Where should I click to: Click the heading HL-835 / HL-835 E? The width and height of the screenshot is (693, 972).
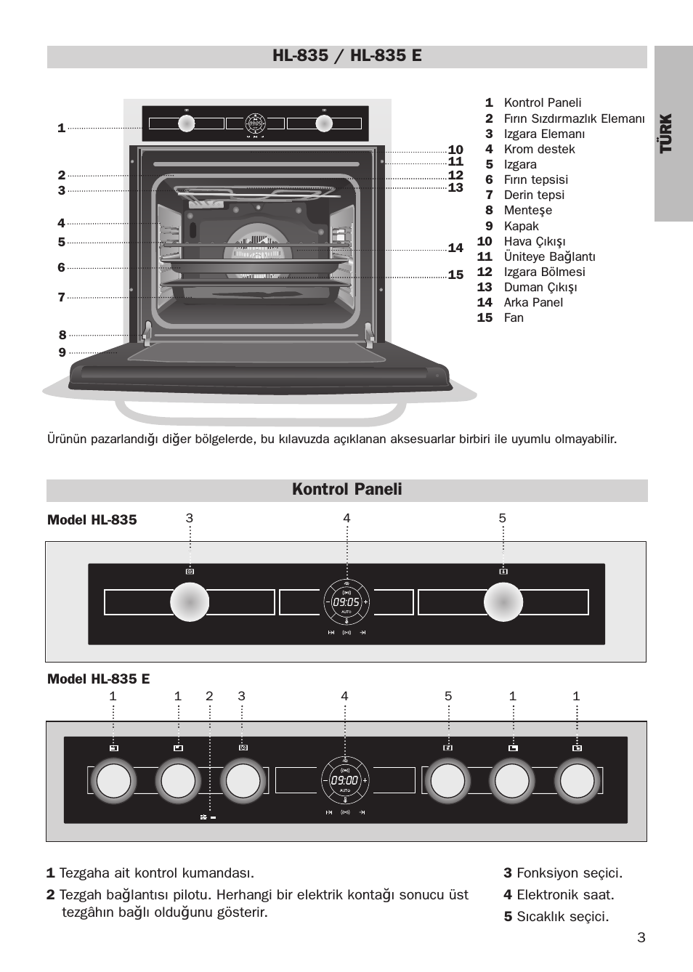tap(347, 56)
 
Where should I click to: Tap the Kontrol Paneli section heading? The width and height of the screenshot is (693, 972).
tap(346, 489)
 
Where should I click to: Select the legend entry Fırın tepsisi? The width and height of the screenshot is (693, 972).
tap(535, 179)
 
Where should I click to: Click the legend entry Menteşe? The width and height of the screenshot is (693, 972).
tap(527, 210)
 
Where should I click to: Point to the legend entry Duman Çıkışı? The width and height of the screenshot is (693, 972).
tap(540, 287)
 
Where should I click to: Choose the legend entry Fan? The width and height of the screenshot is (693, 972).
tap(513, 317)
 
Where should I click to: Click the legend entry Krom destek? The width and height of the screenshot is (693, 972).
tap(539, 149)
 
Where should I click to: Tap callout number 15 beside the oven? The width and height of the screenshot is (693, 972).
tap(455, 275)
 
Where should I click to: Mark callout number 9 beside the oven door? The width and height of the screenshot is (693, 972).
tap(62, 352)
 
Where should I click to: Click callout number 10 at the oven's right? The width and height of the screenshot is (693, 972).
tap(455, 150)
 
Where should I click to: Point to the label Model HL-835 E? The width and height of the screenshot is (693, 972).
tap(98, 679)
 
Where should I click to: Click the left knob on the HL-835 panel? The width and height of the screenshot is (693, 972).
tap(190, 602)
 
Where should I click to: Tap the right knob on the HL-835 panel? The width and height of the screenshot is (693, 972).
tap(503, 602)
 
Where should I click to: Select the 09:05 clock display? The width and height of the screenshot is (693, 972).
tap(346, 602)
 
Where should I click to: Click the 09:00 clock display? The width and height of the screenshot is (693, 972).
tap(344, 780)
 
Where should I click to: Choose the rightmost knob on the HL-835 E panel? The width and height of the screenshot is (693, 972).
tap(577, 781)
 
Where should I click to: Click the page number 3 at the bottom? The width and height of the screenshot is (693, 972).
tap(641, 937)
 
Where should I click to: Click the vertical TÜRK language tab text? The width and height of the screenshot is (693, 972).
tap(666, 133)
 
